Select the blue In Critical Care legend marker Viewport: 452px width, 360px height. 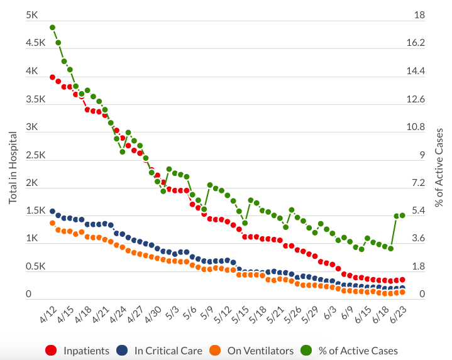[123, 351]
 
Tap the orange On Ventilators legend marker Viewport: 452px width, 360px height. [215, 351]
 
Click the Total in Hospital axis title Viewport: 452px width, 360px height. [13, 167]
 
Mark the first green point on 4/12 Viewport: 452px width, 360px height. [53, 28]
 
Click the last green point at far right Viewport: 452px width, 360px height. [402, 215]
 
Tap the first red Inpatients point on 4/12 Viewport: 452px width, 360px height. [53, 77]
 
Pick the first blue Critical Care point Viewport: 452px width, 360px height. [53, 212]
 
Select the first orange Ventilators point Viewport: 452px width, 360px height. [53, 223]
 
